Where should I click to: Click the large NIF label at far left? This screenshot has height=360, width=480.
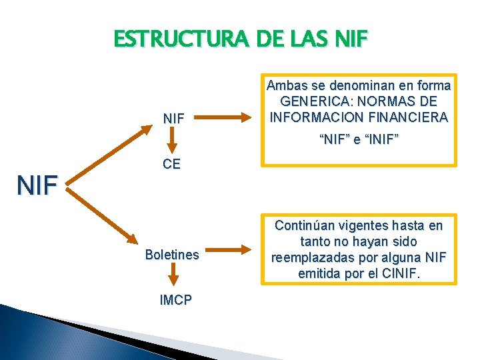click(38, 185)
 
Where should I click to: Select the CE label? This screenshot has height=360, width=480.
click(172, 165)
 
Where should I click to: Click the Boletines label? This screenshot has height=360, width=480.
click(172, 255)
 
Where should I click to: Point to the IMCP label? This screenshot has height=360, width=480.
click(174, 301)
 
